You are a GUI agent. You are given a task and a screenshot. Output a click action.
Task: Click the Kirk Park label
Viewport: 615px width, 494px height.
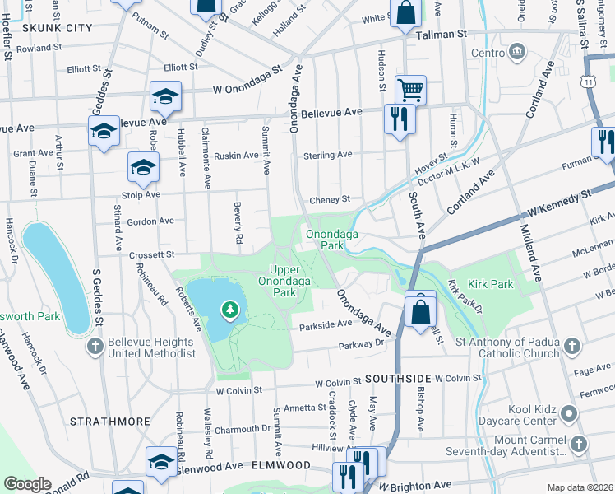[491, 284]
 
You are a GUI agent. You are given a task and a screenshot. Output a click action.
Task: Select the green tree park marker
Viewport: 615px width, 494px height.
[231, 310]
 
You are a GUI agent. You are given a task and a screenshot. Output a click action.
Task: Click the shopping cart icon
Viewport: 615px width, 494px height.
[409, 88]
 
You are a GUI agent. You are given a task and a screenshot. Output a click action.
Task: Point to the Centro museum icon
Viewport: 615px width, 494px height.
[516, 53]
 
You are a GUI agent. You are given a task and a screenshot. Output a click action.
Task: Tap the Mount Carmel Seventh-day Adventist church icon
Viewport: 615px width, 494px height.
[579, 445]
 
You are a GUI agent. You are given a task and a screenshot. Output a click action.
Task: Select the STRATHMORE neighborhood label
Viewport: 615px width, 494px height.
[110, 421]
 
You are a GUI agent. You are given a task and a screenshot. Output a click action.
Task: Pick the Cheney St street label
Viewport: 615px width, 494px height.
[330, 199]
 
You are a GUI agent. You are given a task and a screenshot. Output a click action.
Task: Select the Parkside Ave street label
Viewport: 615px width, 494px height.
[326, 324]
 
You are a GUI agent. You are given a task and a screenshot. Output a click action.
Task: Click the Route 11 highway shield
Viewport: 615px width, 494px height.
[587, 81]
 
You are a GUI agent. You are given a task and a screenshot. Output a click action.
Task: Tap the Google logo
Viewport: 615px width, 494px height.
[27, 484]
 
